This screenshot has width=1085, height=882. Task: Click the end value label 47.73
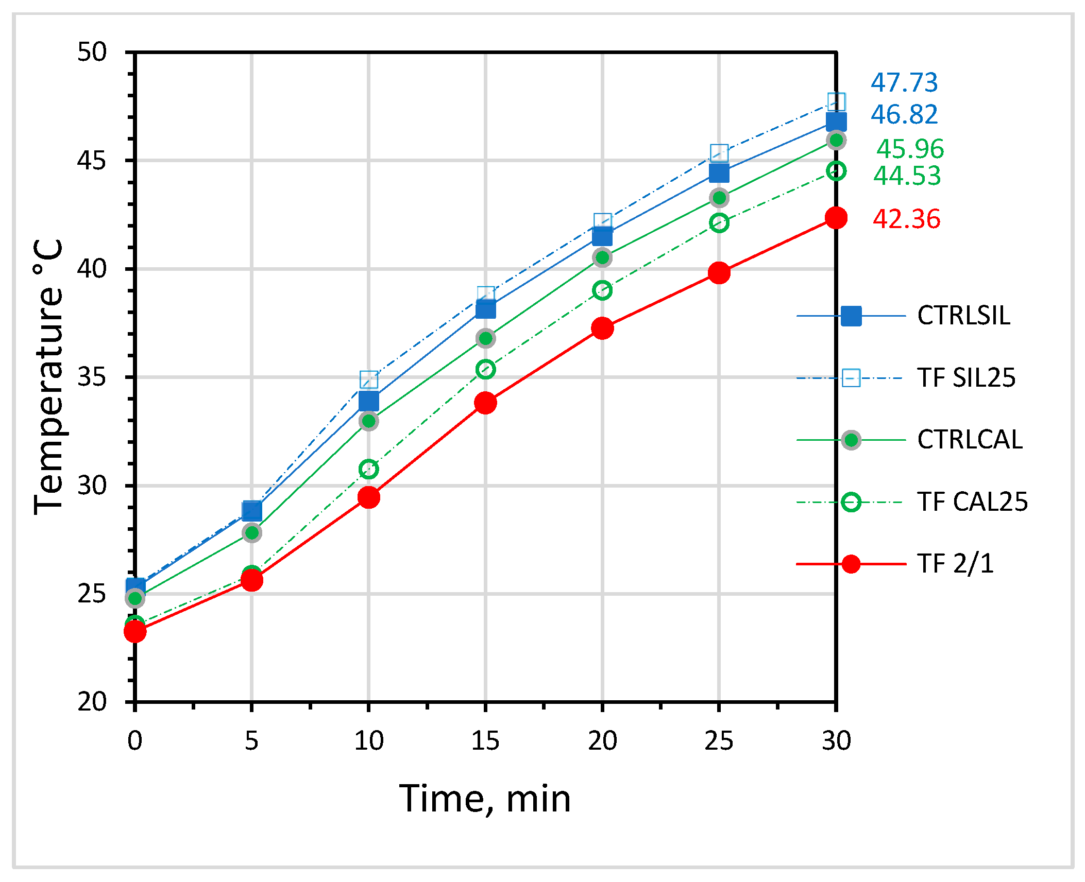904,83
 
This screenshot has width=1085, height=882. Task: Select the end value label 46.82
904,114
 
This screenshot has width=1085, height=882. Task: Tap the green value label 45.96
910,149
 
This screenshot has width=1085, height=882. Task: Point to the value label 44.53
907,176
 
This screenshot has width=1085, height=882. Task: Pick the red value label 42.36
906,219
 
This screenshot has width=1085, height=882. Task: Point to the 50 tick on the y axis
92,52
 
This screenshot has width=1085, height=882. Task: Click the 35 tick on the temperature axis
92,377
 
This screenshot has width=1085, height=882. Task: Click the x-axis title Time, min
485,799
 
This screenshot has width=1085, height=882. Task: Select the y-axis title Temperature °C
48,376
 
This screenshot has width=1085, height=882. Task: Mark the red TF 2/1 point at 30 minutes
836,218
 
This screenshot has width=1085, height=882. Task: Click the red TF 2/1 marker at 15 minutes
485,403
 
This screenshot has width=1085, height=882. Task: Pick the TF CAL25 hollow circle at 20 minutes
602,290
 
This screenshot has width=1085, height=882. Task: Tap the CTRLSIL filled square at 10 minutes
368,401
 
